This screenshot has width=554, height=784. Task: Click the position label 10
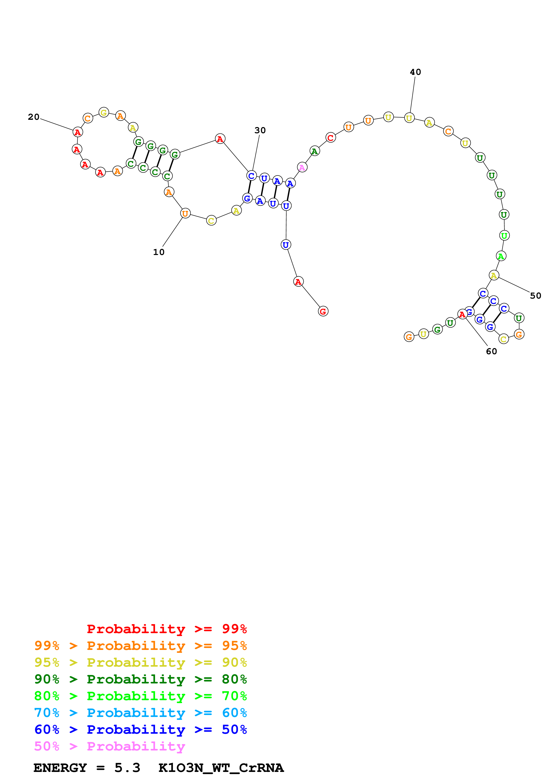159,252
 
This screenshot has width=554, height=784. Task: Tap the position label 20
34,117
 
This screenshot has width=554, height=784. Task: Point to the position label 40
415,72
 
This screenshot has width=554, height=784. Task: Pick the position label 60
491,351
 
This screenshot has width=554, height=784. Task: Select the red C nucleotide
331,138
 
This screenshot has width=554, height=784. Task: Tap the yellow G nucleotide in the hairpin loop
104,112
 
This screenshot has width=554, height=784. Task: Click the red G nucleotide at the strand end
323,311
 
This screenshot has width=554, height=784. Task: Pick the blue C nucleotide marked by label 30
251,176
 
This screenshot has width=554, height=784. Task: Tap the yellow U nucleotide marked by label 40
409,118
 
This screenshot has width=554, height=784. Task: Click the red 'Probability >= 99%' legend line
166,629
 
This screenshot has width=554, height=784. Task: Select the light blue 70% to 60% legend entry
140,713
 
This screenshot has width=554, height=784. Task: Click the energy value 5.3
127,768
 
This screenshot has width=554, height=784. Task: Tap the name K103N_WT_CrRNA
221,768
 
